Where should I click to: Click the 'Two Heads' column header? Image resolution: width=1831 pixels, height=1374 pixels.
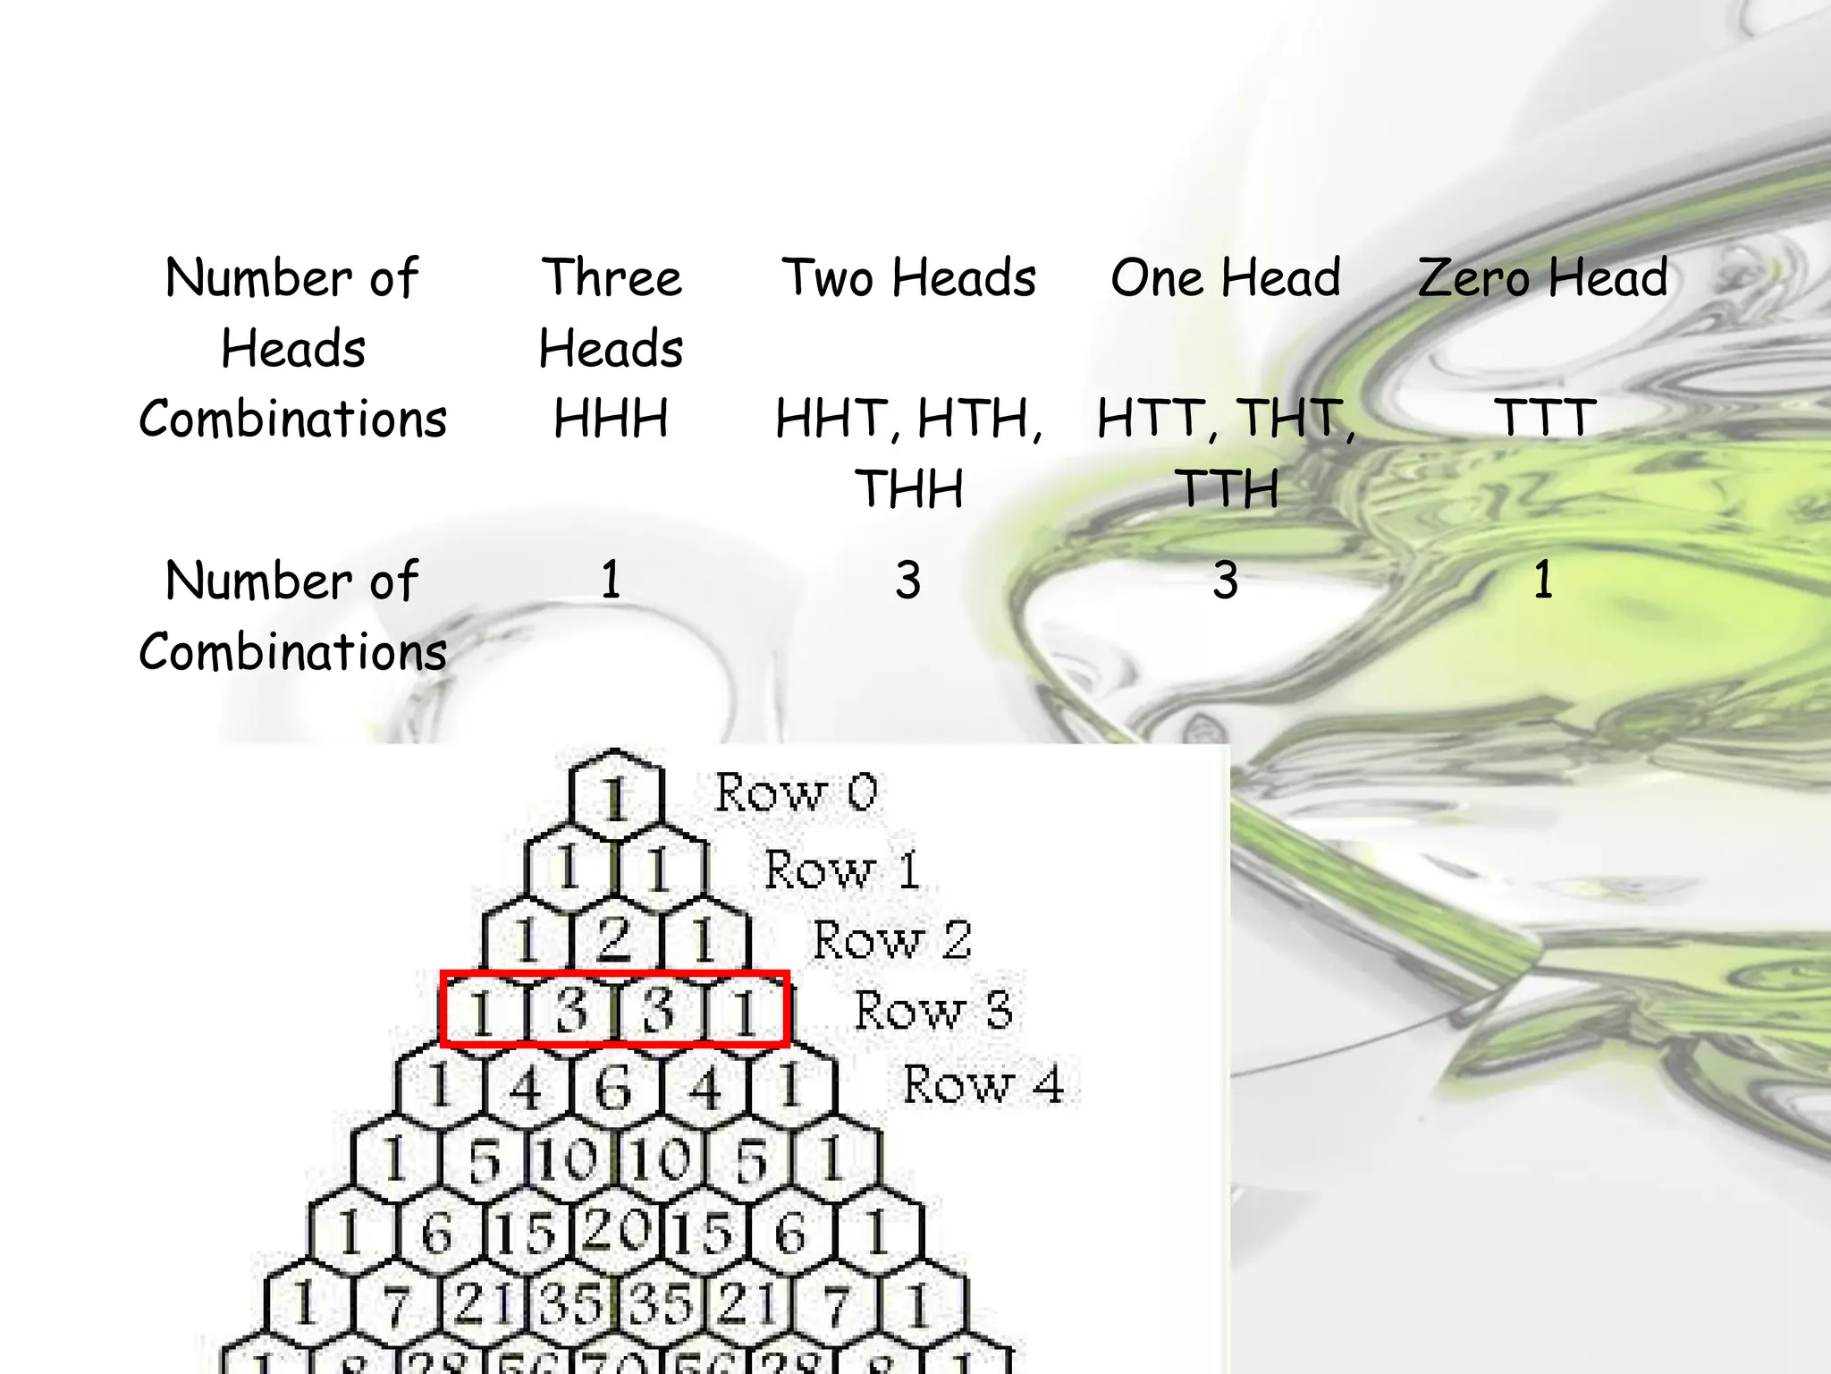coord(908,277)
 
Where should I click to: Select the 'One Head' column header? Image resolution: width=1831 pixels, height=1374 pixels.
coord(1225,277)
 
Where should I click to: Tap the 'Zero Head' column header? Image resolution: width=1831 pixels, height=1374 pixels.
coord(1542,277)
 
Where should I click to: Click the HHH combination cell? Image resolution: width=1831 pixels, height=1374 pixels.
coord(611,419)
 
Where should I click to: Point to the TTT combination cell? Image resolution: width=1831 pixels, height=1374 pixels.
coord(1544,419)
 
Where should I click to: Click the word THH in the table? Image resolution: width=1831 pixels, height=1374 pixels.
coord(909,488)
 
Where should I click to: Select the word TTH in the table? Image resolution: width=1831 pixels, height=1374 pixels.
coord(1227,488)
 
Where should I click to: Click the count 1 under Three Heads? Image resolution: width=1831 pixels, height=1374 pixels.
coord(611,580)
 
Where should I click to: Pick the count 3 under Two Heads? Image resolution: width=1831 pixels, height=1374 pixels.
coord(908,580)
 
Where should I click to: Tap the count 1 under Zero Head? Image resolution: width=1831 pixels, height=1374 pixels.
coord(1543,580)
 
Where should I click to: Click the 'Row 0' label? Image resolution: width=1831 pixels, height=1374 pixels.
coord(796,793)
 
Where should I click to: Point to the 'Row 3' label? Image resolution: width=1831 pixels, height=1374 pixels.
coord(933,1011)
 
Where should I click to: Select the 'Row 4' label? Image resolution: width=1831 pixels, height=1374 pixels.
coord(983,1084)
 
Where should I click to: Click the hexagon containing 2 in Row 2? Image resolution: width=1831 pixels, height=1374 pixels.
coord(615,939)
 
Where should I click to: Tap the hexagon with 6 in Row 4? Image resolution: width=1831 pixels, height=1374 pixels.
coord(615,1088)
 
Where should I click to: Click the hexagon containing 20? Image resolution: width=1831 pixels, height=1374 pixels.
coord(615,1231)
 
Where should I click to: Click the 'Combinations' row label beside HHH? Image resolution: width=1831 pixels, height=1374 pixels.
coord(293,419)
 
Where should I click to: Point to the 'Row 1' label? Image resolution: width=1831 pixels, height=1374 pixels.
coord(842,869)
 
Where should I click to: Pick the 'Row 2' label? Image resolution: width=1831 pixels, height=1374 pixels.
coord(891,940)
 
